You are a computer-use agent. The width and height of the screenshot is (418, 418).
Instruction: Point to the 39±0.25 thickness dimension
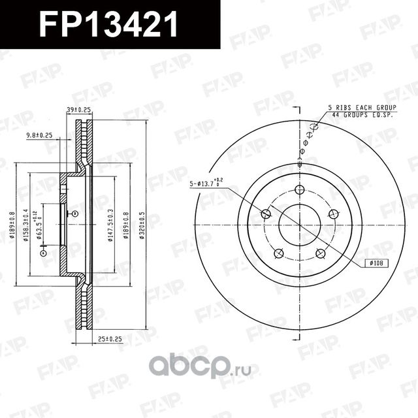pyautogui.click(x=78, y=110)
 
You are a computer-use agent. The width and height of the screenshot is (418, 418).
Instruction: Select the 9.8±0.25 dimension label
pyautogui.click(x=39, y=136)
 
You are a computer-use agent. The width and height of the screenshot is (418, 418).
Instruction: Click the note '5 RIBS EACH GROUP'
pyautogui.click(x=360, y=108)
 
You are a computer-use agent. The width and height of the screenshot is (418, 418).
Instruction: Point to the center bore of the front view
pyautogui.click(x=300, y=226)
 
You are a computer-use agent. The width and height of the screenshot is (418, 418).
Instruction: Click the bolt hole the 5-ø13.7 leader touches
pyautogui.click(x=266, y=214)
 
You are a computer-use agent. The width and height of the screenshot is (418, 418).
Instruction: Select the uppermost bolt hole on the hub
pyautogui.click(x=300, y=190)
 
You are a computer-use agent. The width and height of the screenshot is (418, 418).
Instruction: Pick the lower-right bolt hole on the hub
pyautogui.click(x=321, y=253)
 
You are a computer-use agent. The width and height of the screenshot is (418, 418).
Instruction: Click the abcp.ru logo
pyautogui.click(x=190, y=363)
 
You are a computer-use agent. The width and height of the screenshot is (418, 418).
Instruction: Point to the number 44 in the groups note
pyautogui.click(x=335, y=115)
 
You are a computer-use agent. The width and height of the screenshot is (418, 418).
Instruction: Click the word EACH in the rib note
pyautogui.click(x=368, y=108)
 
